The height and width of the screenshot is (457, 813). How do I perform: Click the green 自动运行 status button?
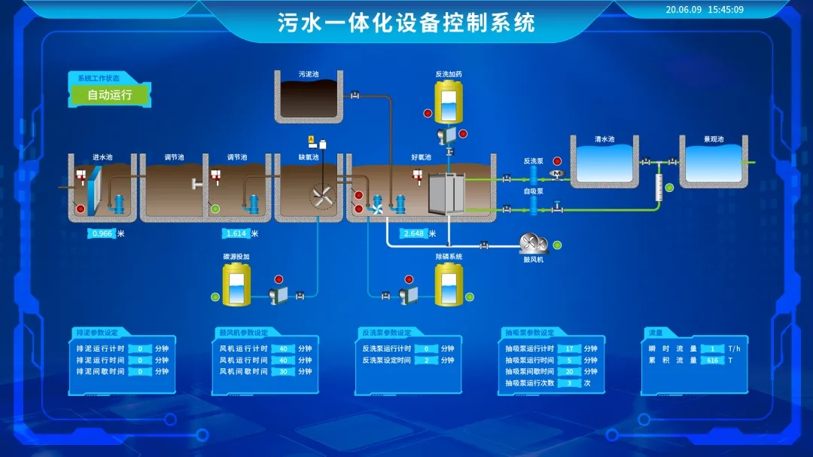[x=110, y=95]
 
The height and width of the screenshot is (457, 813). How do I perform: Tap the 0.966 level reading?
[x=102, y=233]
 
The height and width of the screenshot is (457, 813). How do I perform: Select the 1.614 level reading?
[x=236, y=233]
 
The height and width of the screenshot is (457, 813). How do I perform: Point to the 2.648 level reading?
[x=415, y=233]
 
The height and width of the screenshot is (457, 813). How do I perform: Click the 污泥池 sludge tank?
[x=309, y=98]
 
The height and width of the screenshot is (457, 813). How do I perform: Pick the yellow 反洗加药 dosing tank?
[x=449, y=103]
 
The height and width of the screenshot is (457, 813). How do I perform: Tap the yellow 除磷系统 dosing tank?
[x=449, y=285]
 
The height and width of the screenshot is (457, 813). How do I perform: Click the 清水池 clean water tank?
[x=604, y=163]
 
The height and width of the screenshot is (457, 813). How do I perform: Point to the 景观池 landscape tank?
[x=714, y=163]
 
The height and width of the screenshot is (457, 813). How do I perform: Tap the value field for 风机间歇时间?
[x=283, y=371]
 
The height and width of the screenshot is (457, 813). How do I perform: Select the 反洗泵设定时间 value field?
[x=426, y=360]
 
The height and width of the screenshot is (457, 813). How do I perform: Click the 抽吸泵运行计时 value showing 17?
[x=570, y=349]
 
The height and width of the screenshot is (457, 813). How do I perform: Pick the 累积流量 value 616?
[x=712, y=360]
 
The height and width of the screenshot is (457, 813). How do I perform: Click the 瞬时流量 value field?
[x=712, y=349]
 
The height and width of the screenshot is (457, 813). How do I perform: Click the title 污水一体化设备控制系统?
[x=406, y=23]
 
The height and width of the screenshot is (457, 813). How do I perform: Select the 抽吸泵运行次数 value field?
[x=570, y=382]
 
